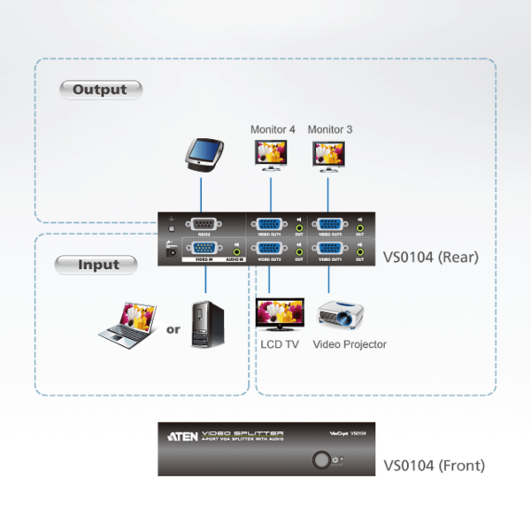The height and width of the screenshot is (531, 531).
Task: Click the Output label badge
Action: point(100,89)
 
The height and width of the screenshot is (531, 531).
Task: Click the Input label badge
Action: point(98,264)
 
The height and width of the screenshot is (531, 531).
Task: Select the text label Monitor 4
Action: point(273,129)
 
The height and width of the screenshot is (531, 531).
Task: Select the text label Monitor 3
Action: point(330,129)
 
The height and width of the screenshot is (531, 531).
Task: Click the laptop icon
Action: point(127,326)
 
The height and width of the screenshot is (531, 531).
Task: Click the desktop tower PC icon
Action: point(205,325)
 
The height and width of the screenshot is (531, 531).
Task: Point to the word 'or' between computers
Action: point(173,330)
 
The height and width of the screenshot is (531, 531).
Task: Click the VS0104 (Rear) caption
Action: point(431,258)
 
